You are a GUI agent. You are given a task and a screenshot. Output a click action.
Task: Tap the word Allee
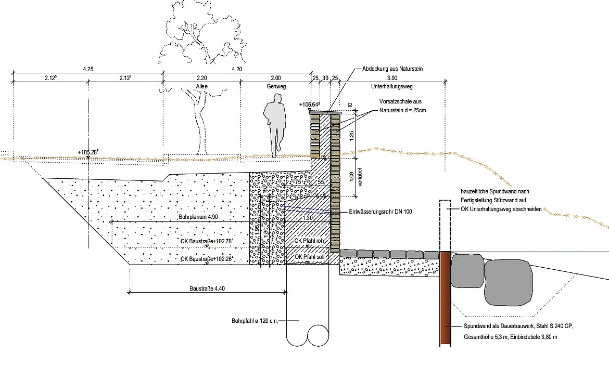[x=202, y=87]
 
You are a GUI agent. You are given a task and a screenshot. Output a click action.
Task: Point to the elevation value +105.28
[x=88, y=152]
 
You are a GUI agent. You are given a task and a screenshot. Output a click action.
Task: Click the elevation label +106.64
[x=310, y=104]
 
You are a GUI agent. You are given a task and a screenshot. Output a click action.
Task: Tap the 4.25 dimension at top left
[x=88, y=69]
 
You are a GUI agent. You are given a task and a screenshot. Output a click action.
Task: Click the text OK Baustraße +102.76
[x=206, y=241]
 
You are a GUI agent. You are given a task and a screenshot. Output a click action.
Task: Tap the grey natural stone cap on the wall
[x=325, y=112]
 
